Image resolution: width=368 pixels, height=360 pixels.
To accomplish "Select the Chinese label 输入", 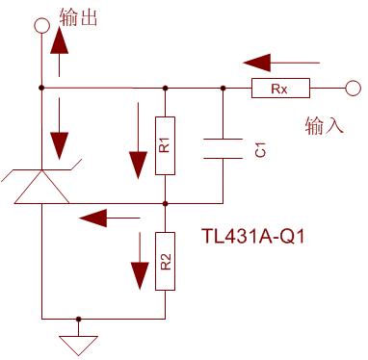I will pos(323,125).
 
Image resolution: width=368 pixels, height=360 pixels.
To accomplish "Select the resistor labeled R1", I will pos(166,145).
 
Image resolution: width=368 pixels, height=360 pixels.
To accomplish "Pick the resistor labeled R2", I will pos(166,260).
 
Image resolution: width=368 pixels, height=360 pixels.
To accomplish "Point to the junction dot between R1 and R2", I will pos(166,203).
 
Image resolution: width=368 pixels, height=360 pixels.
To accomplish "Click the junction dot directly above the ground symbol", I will pos(80,318).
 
